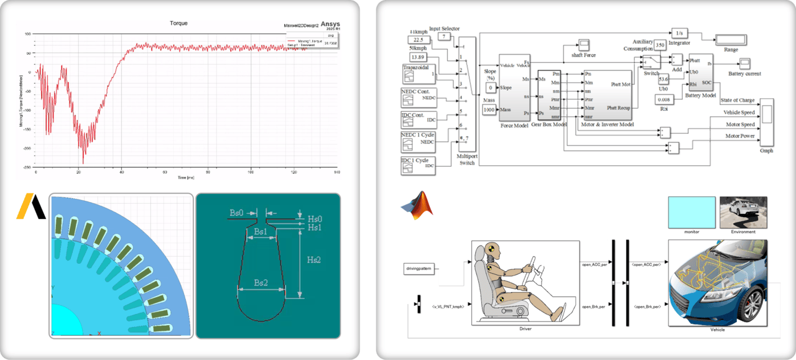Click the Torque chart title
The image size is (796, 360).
pos(178,23)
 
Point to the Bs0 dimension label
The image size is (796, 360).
pos(237,213)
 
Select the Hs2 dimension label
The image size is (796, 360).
pos(315,260)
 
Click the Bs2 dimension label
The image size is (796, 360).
pos(261,282)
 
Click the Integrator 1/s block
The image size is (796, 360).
pos(678,32)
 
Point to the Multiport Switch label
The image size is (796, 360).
pos(466,159)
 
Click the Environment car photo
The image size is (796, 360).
pos(743,213)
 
